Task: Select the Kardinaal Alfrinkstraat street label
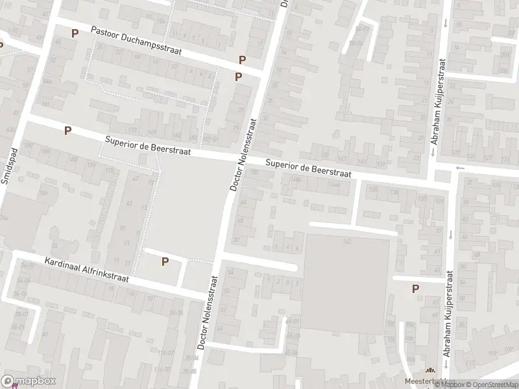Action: coord(86,271)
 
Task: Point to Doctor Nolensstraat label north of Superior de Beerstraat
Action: coord(244,154)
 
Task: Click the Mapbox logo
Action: coord(28,381)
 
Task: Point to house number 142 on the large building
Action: coord(347,241)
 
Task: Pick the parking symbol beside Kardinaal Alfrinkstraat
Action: coord(165,261)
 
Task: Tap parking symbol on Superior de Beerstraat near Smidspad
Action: coord(67,130)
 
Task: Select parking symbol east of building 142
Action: coord(415,289)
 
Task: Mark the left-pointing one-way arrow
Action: coord(460,169)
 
